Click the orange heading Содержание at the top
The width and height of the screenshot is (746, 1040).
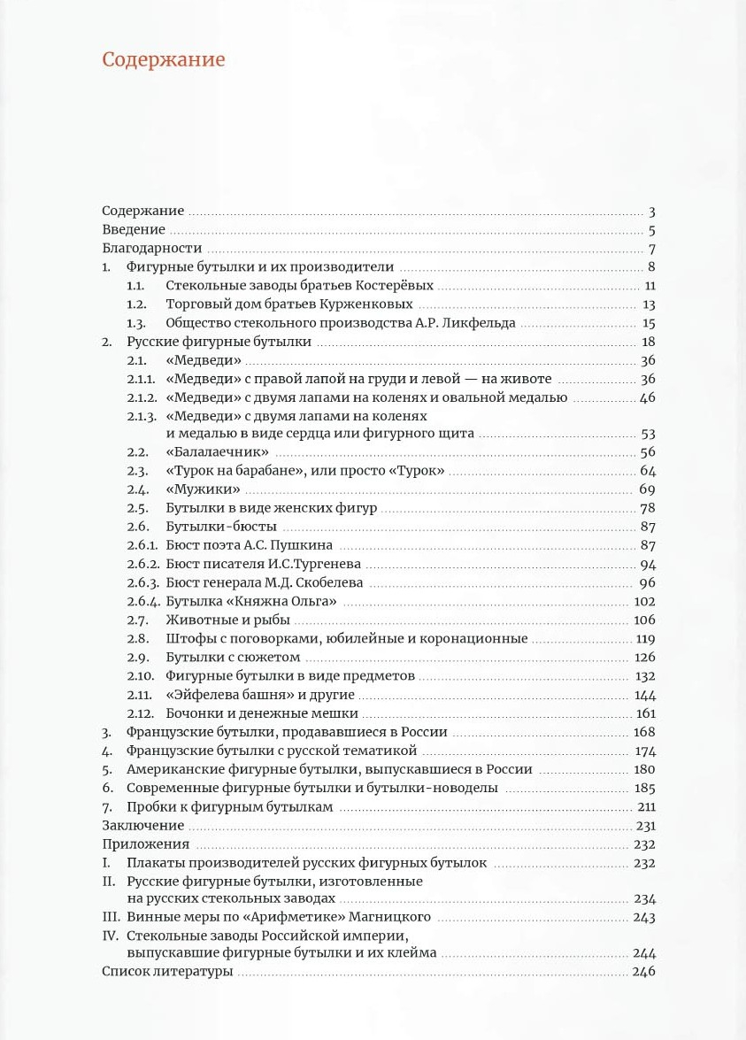[x=163, y=59]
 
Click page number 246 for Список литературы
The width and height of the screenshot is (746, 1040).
[x=643, y=972]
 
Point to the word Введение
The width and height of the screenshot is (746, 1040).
[x=134, y=230]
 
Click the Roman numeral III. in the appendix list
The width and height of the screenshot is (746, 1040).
[x=112, y=916]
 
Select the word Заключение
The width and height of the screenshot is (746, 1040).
[x=142, y=826]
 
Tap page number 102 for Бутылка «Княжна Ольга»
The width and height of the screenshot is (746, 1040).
[x=644, y=602]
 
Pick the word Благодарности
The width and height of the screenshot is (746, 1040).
[x=151, y=249]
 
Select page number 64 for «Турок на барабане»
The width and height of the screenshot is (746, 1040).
[x=648, y=471]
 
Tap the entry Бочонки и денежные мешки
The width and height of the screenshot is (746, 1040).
[x=261, y=713]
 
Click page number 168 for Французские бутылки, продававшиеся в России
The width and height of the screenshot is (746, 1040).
[x=644, y=732]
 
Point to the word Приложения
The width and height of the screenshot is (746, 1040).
[x=145, y=844]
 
